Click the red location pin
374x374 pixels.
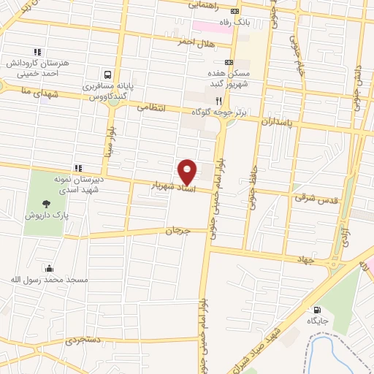pyautogui.click(x=188, y=172)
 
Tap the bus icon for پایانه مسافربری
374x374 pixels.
pyautogui.click(x=108, y=74)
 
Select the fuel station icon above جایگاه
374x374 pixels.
pyautogui.click(x=316, y=310)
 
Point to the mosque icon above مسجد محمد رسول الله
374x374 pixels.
pyautogui.click(x=48, y=268)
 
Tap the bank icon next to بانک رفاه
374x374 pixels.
pyautogui.click(x=234, y=12)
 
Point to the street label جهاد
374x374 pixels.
pyautogui.click(x=305, y=259)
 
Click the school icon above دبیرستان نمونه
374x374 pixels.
pyautogui.click(x=77, y=168)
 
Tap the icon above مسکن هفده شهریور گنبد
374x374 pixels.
pyautogui.click(x=229, y=63)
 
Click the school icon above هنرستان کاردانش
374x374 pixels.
pyautogui.click(x=37, y=52)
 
